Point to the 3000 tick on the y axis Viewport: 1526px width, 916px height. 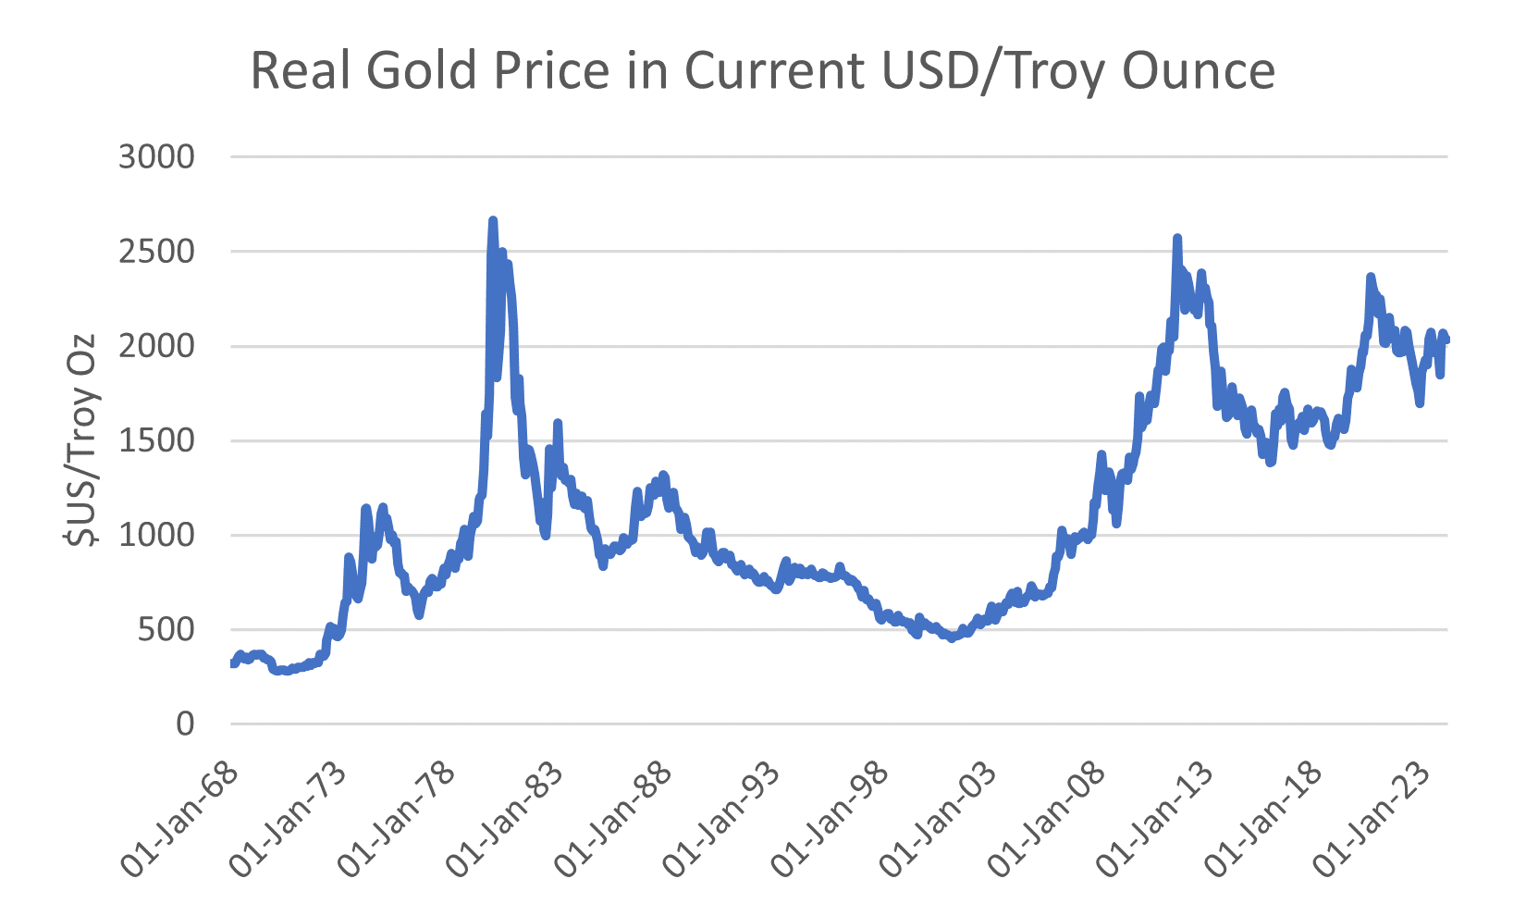(x=157, y=157)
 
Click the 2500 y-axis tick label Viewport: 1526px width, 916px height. (x=157, y=252)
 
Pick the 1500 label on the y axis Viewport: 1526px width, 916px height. (x=157, y=440)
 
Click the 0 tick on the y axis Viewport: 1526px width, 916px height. (x=186, y=724)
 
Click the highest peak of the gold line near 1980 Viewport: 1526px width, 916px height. (x=493, y=220)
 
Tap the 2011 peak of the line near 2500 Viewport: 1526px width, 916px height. (x=1177, y=238)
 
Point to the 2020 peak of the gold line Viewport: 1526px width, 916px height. (x=1371, y=277)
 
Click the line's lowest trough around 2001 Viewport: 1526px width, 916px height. (x=951, y=637)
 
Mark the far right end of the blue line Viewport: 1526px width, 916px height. (x=1446, y=340)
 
